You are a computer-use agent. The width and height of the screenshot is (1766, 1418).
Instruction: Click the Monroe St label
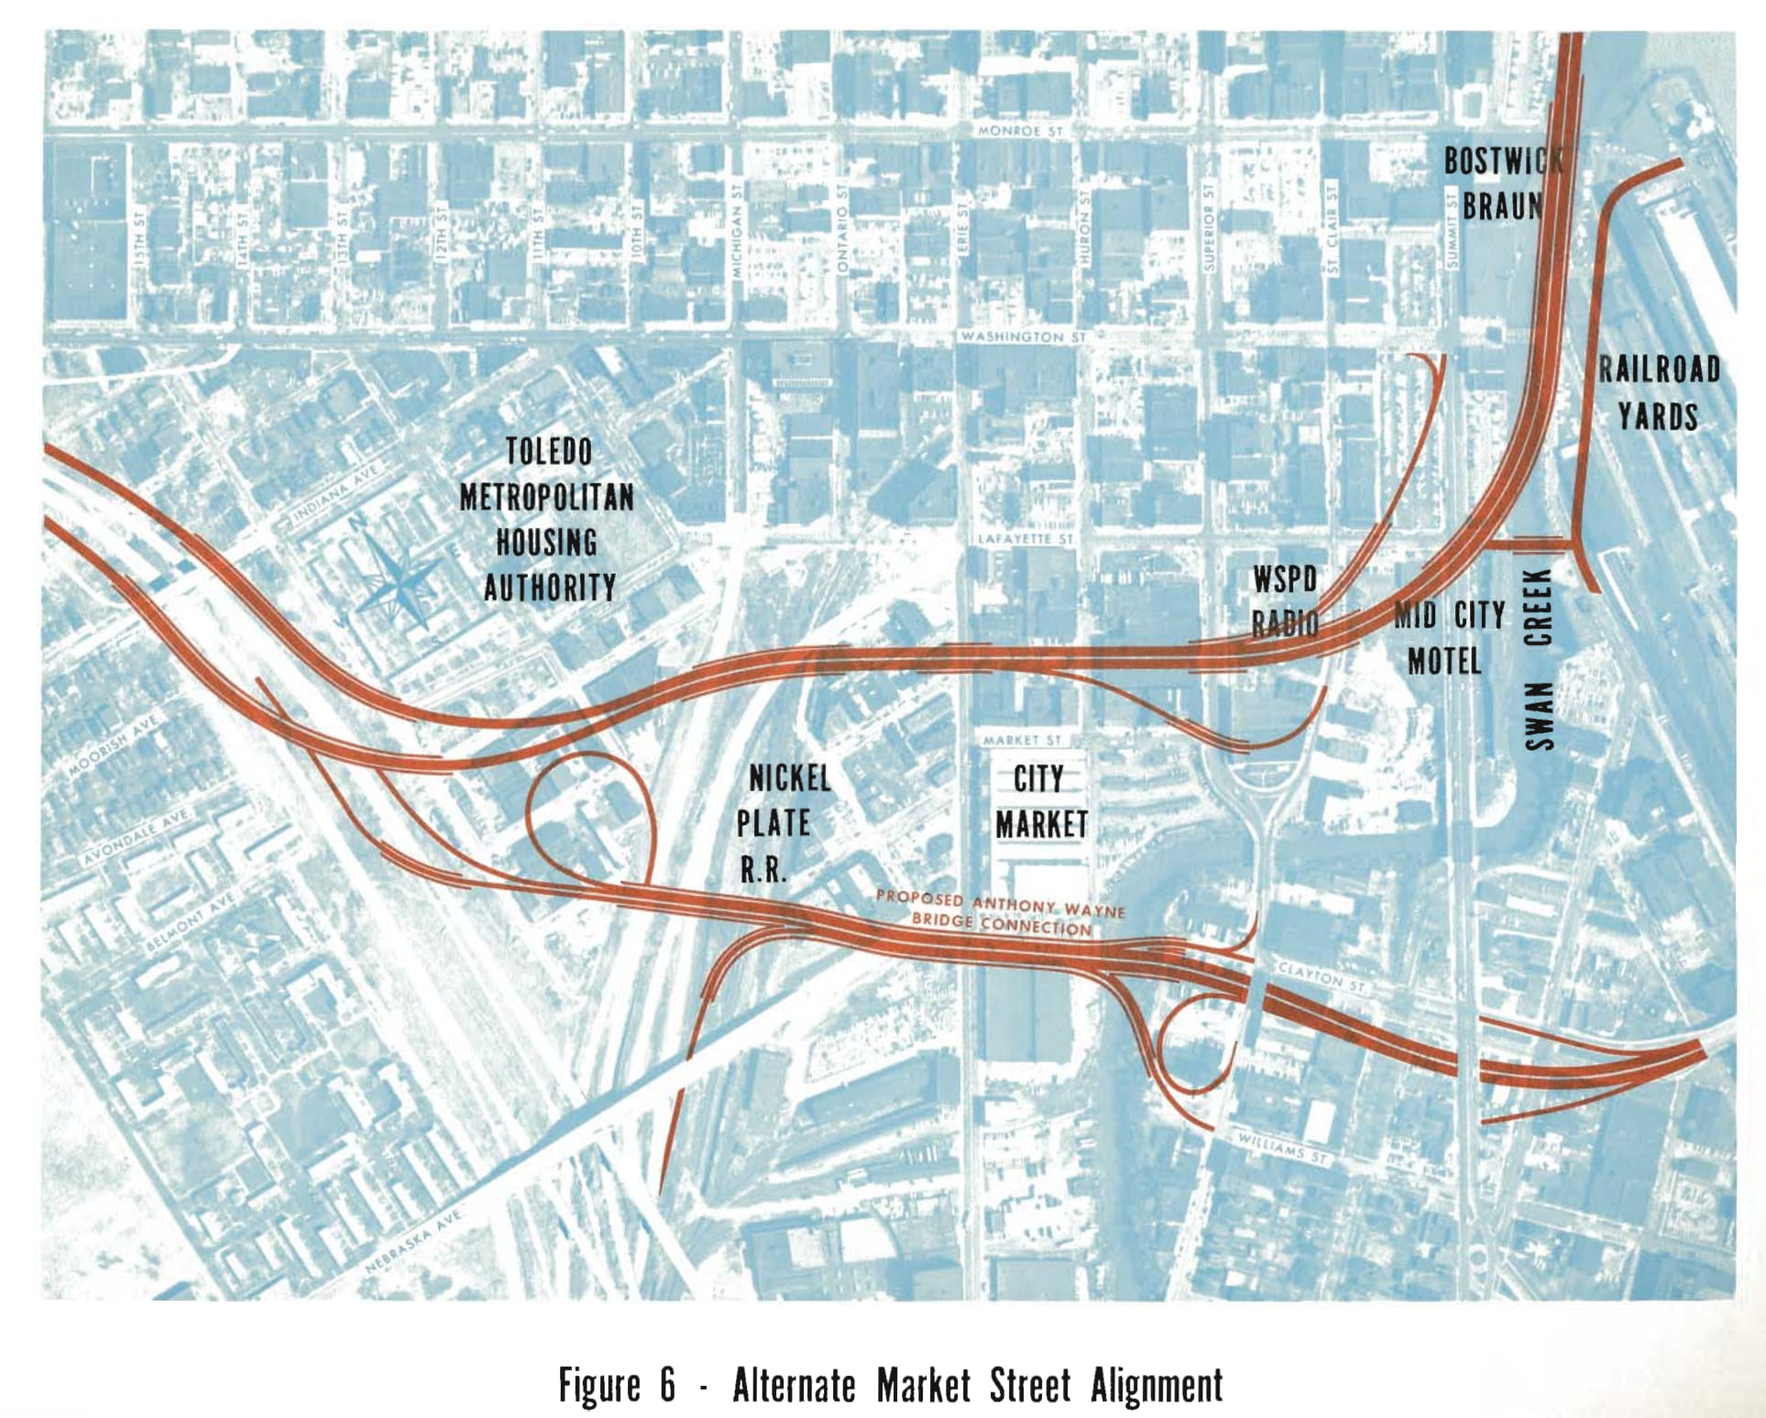click(1020, 132)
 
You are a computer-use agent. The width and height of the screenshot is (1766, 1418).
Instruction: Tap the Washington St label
click(1022, 337)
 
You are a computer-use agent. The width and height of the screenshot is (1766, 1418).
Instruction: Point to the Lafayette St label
click(1026, 539)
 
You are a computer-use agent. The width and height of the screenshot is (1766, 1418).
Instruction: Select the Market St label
click(1022, 740)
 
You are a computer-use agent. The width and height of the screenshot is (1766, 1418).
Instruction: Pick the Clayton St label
click(1321, 978)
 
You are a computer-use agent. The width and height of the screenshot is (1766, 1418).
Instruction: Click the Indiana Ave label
click(335, 494)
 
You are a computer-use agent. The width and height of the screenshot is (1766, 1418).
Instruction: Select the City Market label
click(1041, 802)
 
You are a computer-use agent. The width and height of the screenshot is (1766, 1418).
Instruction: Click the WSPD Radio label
click(1285, 601)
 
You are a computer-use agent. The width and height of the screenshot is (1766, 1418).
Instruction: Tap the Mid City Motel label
click(1448, 637)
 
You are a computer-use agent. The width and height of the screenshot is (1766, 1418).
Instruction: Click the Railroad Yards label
click(1659, 393)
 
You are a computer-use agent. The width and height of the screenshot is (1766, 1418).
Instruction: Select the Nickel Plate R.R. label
click(782, 823)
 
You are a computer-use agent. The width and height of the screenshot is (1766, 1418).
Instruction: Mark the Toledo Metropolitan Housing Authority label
click(548, 519)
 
